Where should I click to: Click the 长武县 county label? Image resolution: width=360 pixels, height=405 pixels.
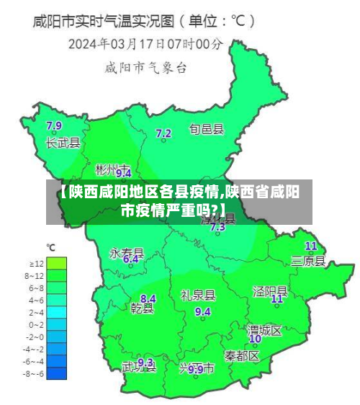click(63, 143)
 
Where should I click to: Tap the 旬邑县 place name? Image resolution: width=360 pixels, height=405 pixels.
click(207, 130)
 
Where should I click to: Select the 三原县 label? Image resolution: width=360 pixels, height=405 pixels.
click(308, 260)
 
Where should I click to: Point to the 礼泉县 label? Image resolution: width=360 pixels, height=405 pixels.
click(198, 295)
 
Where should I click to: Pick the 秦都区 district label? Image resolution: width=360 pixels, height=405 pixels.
click(241, 356)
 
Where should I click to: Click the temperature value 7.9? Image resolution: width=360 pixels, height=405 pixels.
click(54, 126)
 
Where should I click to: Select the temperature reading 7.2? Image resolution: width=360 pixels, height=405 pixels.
click(163, 133)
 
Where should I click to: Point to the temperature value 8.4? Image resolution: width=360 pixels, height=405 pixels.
click(148, 298)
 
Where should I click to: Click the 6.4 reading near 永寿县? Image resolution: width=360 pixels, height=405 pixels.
click(130, 259)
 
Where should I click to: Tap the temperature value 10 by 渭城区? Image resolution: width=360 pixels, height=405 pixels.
click(255, 339)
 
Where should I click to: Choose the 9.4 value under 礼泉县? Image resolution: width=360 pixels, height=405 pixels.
click(203, 311)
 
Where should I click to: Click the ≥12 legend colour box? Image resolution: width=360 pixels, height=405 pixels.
click(57, 263)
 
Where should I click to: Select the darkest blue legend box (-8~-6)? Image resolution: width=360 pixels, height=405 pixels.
click(57, 373)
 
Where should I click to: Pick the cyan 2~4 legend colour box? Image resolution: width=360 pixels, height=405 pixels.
click(57, 312)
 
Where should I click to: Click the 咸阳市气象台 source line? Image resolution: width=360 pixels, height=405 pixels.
click(146, 69)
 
